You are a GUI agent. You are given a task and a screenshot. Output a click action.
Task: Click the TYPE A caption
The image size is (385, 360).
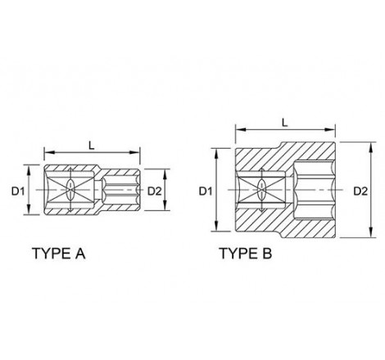coord(59,254)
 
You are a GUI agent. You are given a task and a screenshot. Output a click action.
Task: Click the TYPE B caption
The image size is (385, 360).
coord(246,254)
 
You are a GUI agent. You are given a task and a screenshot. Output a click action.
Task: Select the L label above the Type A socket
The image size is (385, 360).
coord(92,146)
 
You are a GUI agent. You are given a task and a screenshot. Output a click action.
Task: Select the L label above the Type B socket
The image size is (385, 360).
coord(285,123)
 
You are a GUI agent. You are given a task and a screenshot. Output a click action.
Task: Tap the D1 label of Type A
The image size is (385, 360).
coord(18,191)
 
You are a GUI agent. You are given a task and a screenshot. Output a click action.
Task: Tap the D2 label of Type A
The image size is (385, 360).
coord(155,191)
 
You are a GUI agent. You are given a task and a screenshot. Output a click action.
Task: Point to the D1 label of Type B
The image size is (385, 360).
coord(206,191)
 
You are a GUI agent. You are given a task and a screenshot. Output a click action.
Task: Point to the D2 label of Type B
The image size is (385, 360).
coord(360,191)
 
